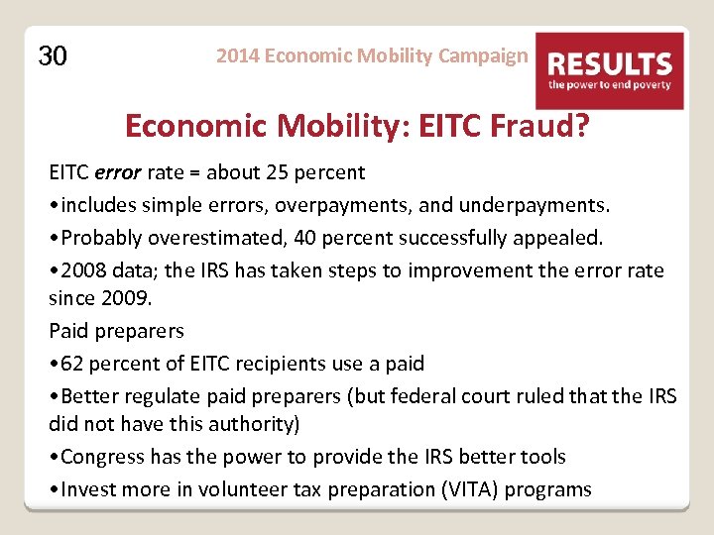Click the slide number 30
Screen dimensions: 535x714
53,56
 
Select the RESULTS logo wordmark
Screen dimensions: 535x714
610,65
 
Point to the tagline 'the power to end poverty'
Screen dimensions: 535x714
610,86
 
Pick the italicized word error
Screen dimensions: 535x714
118,173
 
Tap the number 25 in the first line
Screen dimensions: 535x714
277,173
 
